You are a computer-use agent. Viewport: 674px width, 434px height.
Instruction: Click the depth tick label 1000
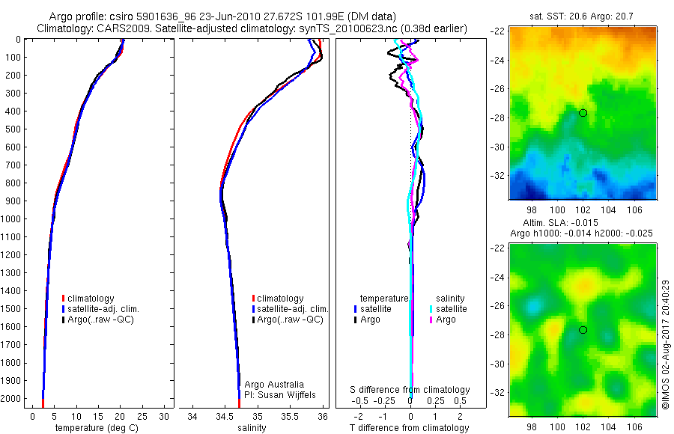(x=12, y=218)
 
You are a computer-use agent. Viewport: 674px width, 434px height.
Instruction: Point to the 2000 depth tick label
(x=12, y=399)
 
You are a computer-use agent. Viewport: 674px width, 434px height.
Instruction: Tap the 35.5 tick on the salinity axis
(x=290, y=416)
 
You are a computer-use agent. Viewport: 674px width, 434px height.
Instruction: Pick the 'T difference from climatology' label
(x=410, y=428)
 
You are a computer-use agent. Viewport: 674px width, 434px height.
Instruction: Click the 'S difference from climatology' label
(x=410, y=390)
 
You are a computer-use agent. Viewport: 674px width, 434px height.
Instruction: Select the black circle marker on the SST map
(x=583, y=113)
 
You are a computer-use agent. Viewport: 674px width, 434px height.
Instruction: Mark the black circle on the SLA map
(x=583, y=330)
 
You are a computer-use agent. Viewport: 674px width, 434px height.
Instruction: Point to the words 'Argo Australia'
(x=274, y=384)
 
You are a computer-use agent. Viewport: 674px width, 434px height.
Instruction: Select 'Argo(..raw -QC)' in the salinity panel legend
(x=290, y=320)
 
